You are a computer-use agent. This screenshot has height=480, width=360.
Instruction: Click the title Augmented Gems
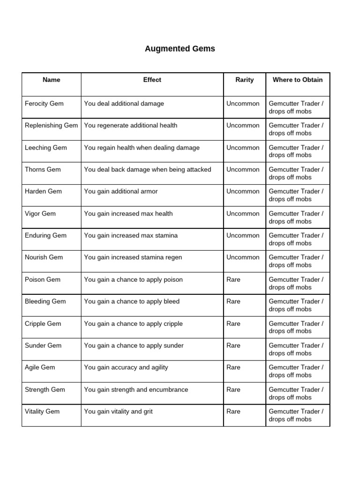[x=180, y=49]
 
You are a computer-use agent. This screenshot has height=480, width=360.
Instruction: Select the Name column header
[x=51, y=80]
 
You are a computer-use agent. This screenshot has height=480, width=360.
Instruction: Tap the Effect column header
[x=152, y=80]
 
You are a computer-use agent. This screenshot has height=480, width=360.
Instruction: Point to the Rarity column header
[x=244, y=80]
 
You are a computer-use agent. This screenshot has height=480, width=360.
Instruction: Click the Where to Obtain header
[x=298, y=80]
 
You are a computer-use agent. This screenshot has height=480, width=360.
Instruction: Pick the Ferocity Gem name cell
[x=44, y=104]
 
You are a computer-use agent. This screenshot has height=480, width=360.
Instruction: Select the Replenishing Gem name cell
[x=51, y=126]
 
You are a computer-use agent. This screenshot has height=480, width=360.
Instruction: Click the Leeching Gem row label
[x=45, y=148]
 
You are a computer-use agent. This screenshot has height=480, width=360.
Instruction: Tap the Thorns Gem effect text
[x=147, y=170]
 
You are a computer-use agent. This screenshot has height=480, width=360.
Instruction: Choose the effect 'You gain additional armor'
[x=120, y=191]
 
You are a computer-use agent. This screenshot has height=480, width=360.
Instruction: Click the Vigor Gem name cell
[x=40, y=214]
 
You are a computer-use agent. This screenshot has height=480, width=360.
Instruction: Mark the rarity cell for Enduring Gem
[x=242, y=236]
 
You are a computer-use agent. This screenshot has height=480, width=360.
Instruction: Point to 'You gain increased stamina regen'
[x=133, y=257]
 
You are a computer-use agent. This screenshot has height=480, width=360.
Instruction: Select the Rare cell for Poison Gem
[x=233, y=280]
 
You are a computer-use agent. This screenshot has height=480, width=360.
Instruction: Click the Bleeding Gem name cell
[x=45, y=301]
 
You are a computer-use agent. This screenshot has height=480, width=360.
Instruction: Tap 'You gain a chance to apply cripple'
[x=133, y=324]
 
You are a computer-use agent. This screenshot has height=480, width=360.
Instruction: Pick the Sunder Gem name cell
[x=43, y=345]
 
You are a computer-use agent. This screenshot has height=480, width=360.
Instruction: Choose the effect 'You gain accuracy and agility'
[x=126, y=367]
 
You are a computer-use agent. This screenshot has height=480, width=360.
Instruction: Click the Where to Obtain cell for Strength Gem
[x=296, y=393]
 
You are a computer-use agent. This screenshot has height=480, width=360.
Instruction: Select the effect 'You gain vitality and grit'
[x=118, y=412]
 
